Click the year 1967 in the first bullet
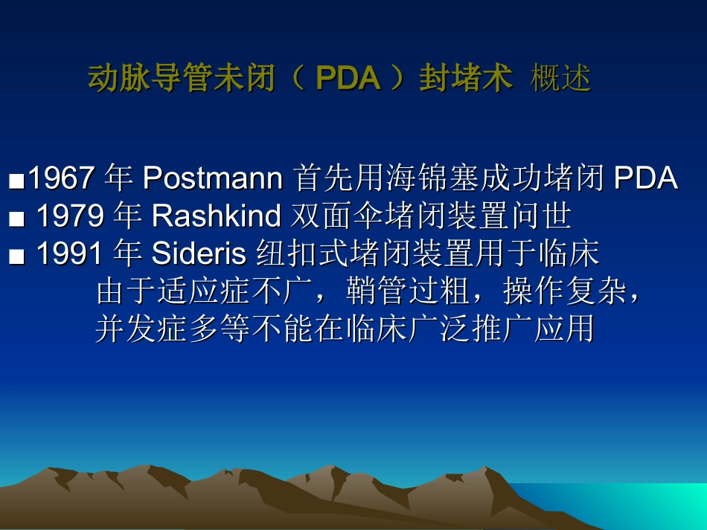(61, 178)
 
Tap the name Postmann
(212, 178)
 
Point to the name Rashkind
(216, 216)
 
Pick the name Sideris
(199, 254)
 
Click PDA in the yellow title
(348, 78)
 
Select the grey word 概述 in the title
(560, 78)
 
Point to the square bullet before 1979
(17, 219)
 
